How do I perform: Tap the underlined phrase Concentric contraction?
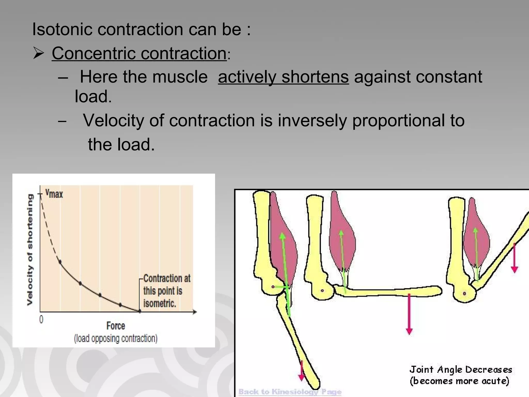click(139, 53)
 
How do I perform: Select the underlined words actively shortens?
click(283, 77)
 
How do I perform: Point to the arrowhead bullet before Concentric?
click(38, 53)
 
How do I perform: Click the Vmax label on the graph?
click(54, 193)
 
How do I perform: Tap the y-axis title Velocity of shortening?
click(30, 249)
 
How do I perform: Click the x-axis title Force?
click(115, 326)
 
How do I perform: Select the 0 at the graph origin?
click(41, 320)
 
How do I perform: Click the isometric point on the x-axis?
click(140, 311)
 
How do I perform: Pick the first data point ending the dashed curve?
click(60, 262)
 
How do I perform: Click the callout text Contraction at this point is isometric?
click(165, 291)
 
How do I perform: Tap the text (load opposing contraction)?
click(115, 338)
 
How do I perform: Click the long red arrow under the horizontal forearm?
click(409, 314)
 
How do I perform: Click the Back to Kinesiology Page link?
click(290, 392)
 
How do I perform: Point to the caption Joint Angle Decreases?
click(461, 370)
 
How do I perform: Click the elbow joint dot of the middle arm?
click(322, 291)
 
